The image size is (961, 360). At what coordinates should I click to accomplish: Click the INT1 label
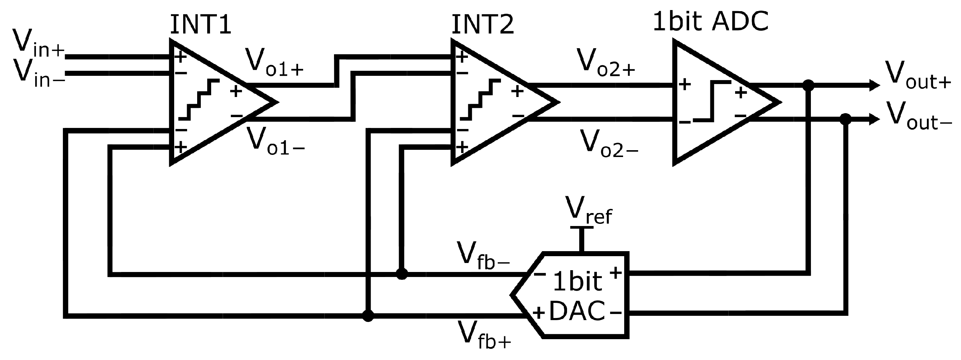point(200,26)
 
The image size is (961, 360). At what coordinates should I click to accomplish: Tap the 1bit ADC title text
point(711,21)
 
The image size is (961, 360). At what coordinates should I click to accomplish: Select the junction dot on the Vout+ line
point(808,86)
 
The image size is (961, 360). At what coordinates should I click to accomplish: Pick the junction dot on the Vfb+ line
point(368,316)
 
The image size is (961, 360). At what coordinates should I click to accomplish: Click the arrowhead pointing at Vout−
point(875,119)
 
